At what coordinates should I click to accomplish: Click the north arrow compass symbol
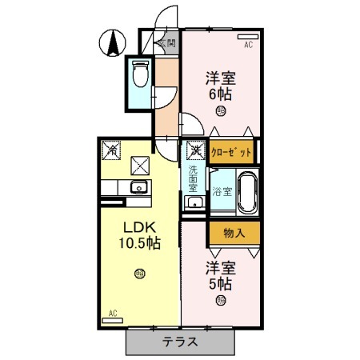point(113,42)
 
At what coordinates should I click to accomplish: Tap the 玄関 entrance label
point(167,42)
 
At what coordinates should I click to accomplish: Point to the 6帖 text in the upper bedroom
point(220,94)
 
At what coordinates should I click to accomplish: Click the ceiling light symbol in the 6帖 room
point(219,113)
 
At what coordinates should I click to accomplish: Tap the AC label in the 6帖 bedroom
point(248,45)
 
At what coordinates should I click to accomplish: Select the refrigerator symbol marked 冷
point(113,149)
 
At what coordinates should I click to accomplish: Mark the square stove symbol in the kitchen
point(140,166)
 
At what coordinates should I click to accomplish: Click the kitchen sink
point(137,188)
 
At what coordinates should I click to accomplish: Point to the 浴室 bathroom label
point(223,191)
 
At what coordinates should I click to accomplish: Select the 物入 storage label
point(234,233)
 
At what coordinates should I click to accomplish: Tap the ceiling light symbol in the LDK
point(140,274)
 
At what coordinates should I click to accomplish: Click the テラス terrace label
point(181,342)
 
